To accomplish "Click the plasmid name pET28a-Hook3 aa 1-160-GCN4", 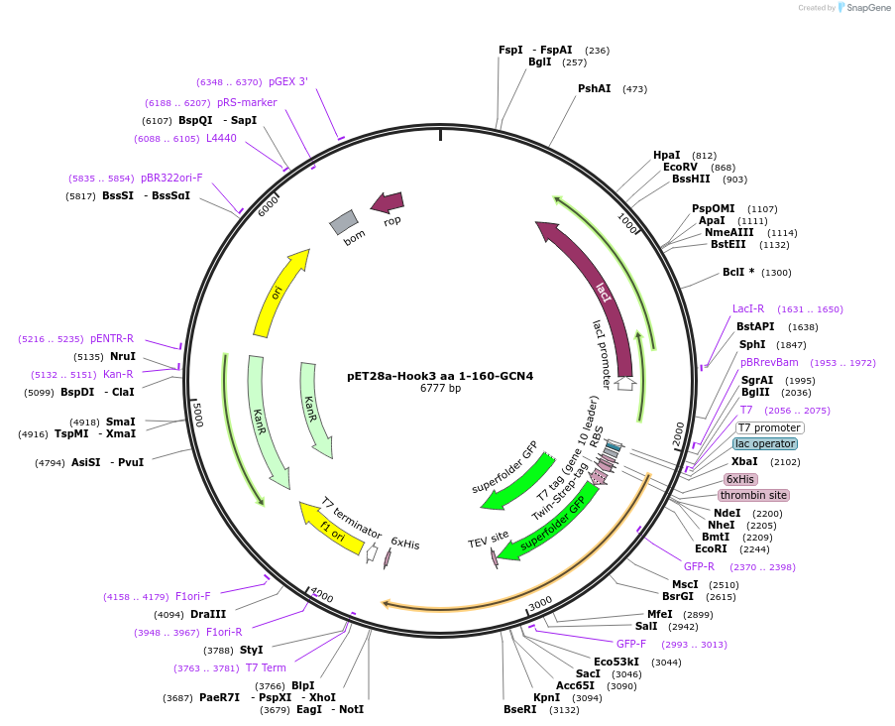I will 440,376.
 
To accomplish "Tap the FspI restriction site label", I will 510,50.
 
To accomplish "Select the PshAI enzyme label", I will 594,88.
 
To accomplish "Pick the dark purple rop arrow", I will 388,203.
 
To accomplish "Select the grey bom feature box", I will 344,222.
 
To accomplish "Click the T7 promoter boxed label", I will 769,427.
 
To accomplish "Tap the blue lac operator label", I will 764,443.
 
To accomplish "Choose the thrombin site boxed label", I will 753,495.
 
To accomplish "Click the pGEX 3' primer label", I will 287,81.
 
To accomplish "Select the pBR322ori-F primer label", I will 171,178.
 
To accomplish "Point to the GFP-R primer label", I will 699,566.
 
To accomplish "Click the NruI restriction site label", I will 122,356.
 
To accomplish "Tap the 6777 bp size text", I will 440,389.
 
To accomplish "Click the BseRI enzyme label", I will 519,709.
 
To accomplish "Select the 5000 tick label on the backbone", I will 198,414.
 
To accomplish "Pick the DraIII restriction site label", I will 208,614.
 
